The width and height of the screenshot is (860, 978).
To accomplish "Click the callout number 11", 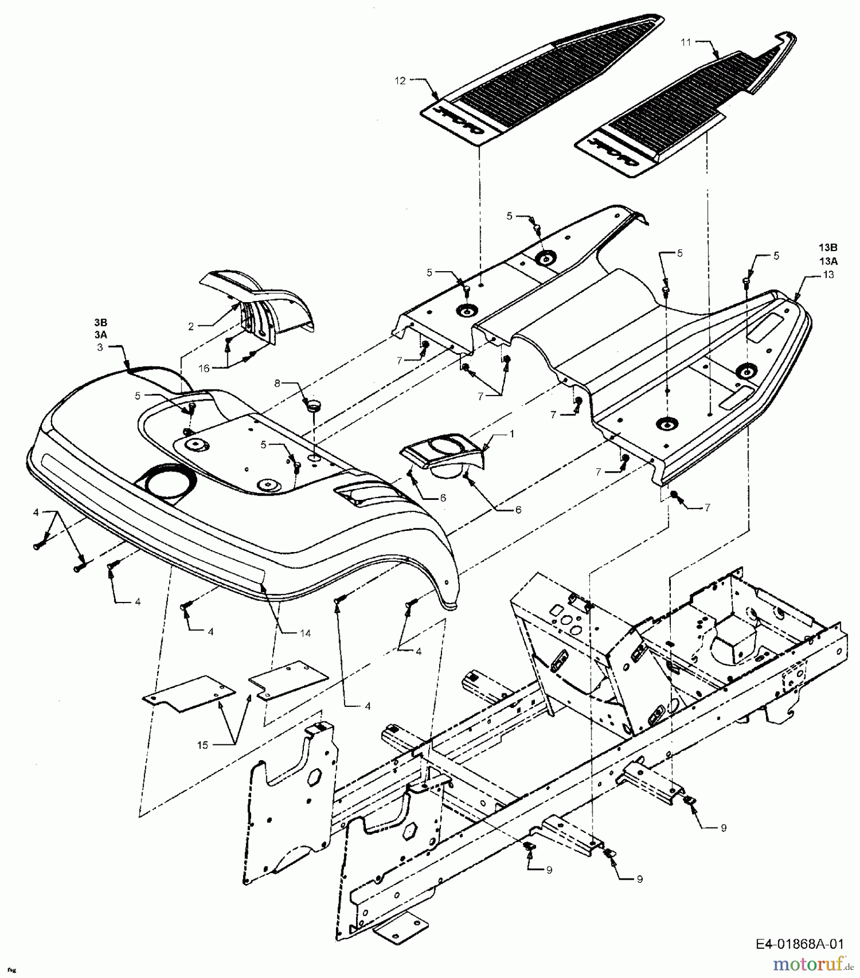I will click(x=686, y=42).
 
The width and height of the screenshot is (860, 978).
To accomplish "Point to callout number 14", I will click(x=305, y=633).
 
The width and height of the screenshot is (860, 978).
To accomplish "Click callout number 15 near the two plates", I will click(x=203, y=745).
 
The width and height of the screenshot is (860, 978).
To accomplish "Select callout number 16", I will click(x=204, y=368).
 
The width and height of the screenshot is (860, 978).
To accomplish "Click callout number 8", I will click(x=277, y=383).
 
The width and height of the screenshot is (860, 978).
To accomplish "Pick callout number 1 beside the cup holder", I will click(x=512, y=434).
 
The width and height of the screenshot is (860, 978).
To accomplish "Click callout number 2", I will click(x=191, y=327).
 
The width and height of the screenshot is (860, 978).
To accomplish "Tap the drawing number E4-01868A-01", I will click(x=799, y=944).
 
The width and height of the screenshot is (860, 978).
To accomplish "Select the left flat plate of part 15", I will click(x=188, y=695).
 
